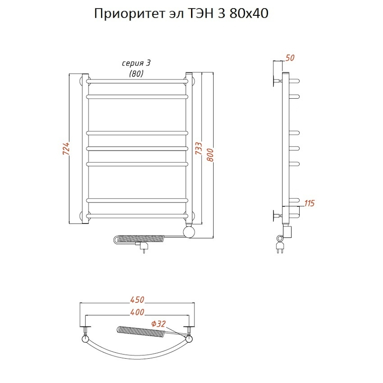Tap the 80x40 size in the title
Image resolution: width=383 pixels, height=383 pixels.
(x=249, y=14)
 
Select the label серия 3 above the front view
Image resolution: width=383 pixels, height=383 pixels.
(x=136, y=63)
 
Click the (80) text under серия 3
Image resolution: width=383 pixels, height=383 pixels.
(x=136, y=73)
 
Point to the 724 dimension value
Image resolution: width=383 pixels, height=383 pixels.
(x=65, y=149)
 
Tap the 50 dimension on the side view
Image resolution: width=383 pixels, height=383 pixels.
(x=290, y=57)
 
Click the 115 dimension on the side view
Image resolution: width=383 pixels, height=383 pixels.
(x=309, y=203)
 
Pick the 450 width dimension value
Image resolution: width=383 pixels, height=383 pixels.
(x=137, y=300)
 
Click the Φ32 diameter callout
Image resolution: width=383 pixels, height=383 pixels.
(x=158, y=324)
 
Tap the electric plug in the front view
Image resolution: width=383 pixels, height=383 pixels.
(x=143, y=247)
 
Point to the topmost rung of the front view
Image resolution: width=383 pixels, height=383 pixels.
(x=137, y=80)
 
